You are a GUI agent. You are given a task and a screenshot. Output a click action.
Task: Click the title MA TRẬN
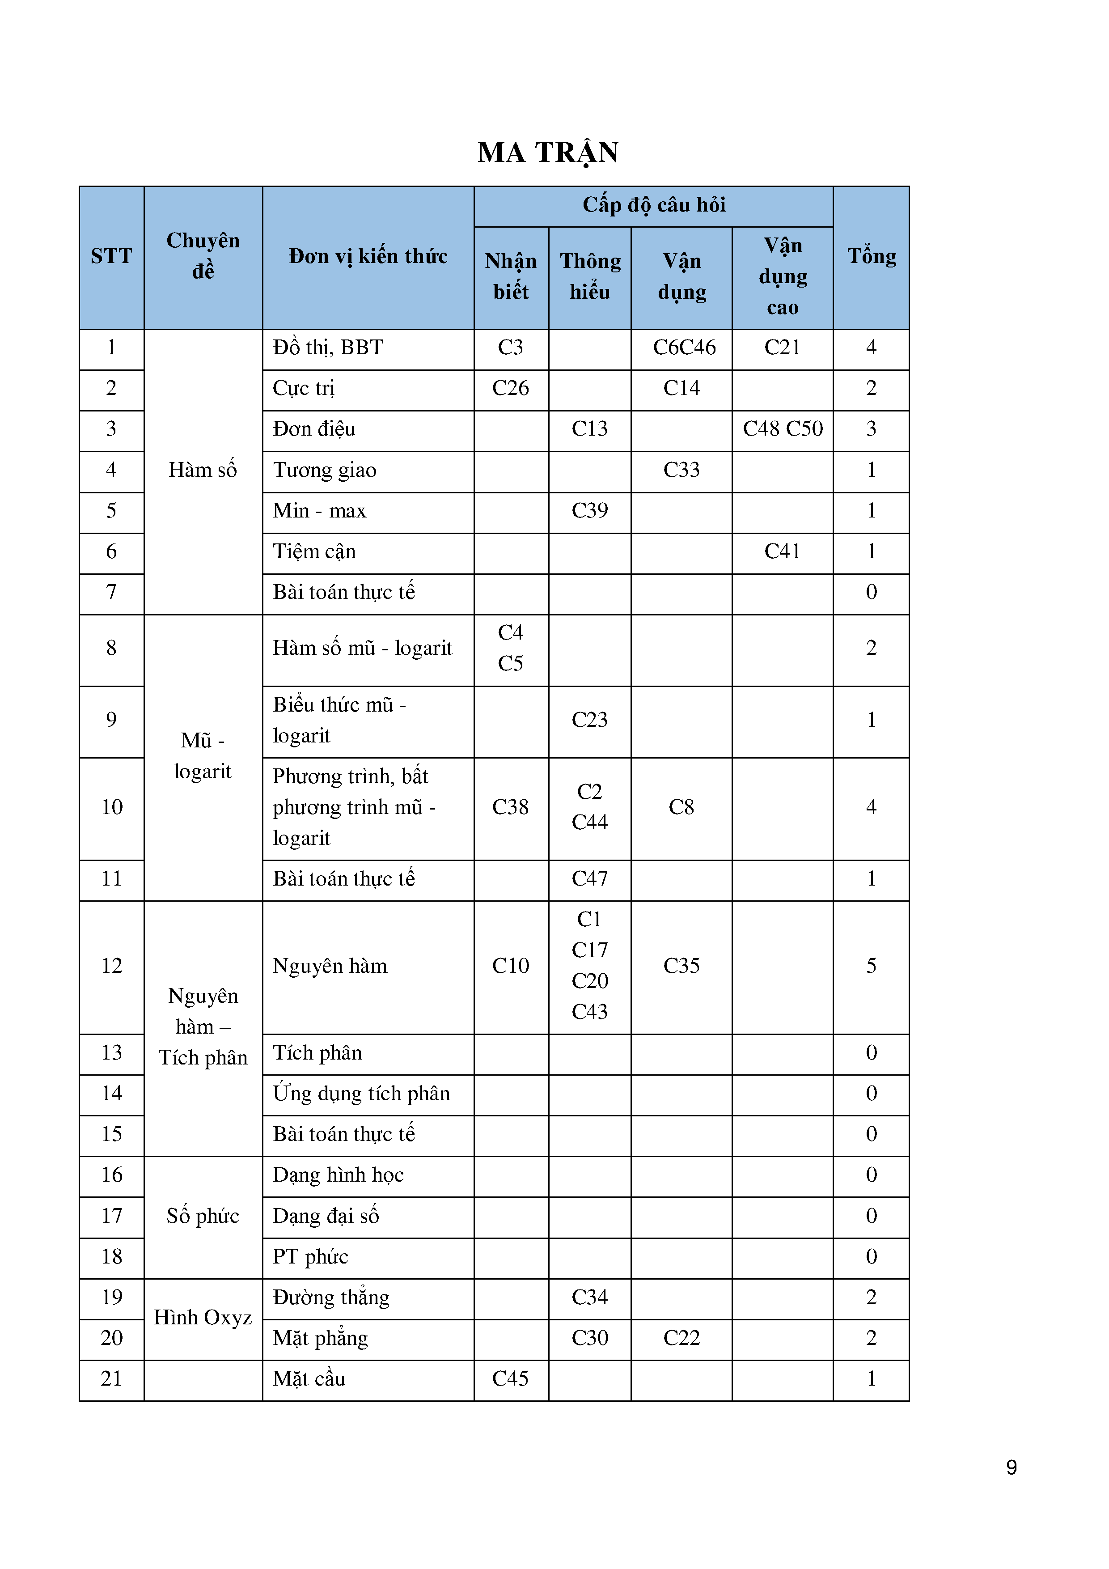pyautogui.click(x=548, y=153)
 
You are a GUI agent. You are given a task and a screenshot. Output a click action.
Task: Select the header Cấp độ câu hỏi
pyautogui.click(x=653, y=205)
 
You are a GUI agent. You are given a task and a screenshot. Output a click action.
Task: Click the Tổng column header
pyautogui.click(x=871, y=256)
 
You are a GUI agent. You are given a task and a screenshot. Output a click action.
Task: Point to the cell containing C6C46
pyautogui.click(x=684, y=348)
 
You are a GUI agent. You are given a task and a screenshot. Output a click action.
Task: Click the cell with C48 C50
pyautogui.click(x=783, y=429)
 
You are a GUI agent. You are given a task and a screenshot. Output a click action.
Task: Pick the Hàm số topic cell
pyautogui.click(x=203, y=470)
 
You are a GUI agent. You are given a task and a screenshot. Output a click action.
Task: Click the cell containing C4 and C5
pyautogui.click(x=510, y=648)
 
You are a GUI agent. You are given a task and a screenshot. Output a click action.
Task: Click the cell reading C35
pyautogui.click(x=681, y=966)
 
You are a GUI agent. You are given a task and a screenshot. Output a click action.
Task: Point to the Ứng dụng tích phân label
pyautogui.click(x=361, y=1094)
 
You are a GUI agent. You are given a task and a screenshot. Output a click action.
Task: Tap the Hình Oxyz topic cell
pyautogui.click(x=203, y=1318)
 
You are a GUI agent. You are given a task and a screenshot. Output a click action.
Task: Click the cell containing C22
pyautogui.click(x=681, y=1338)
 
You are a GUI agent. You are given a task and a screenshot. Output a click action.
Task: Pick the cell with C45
pyautogui.click(x=510, y=1378)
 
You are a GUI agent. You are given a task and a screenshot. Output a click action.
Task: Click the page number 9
pyautogui.click(x=1011, y=1467)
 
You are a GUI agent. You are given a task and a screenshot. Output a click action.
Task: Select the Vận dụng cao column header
pyautogui.click(x=783, y=277)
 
